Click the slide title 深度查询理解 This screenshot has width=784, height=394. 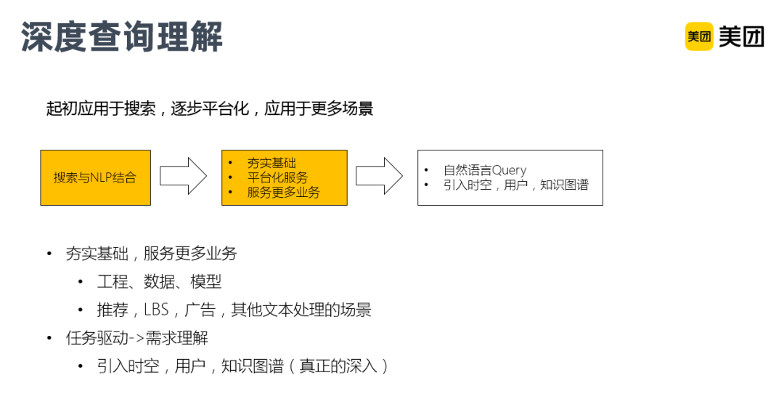[122, 36]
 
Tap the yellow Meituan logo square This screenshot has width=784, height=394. [699, 36]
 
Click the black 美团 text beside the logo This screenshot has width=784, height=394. [741, 36]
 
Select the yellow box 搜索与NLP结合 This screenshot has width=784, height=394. [95, 177]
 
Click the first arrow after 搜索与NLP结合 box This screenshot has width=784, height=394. [183, 176]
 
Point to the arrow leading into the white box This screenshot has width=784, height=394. [379, 176]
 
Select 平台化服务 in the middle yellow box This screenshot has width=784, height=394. [277, 177]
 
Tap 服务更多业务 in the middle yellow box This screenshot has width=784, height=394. [283, 192]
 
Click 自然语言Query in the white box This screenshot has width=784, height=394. [485, 170]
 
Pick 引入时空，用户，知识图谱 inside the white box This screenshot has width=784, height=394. [515, 185]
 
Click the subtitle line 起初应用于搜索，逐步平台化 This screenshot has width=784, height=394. [210, 109]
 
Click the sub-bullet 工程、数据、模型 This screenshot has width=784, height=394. [159, 281]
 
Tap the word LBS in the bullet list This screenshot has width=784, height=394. [156, 310]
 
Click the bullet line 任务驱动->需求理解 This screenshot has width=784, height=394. [136, 338]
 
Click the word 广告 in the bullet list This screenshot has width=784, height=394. [200, 310]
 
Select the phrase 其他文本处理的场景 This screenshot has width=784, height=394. [301, 310]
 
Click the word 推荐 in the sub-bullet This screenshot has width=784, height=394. [113, 310]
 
